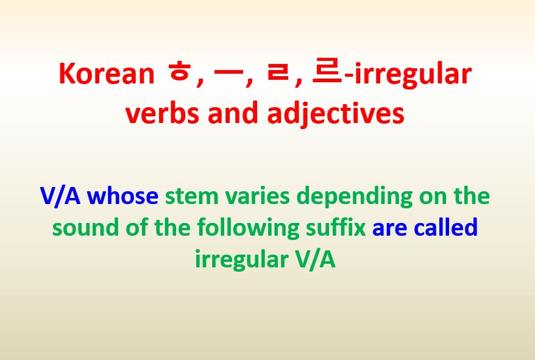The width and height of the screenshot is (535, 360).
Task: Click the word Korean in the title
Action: point(107,74)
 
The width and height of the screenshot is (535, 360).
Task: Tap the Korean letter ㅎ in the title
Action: point(179,74)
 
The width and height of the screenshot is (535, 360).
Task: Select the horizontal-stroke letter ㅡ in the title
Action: point(225,74)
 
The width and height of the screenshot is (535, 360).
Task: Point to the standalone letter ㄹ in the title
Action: point(277,74)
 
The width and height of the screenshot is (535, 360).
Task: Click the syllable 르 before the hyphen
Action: point(326,74)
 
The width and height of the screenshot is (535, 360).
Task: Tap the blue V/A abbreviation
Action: point(60,196)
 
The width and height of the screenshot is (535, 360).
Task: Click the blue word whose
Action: point(122,196)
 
